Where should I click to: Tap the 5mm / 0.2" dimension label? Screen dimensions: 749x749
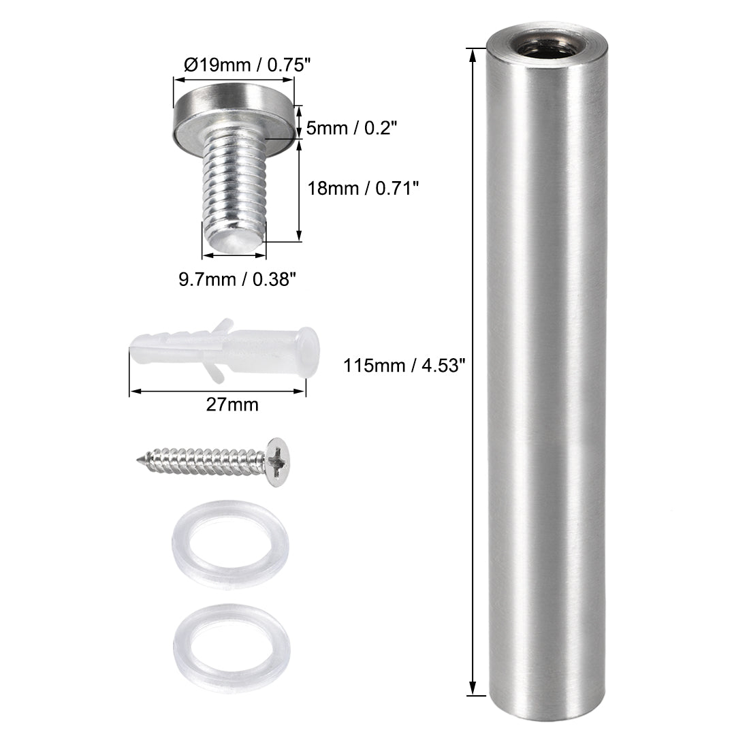pyautogui.click(x=351, y=127)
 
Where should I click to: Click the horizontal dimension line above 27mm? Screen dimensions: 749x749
pyautogui.click(x=217, y=391)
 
